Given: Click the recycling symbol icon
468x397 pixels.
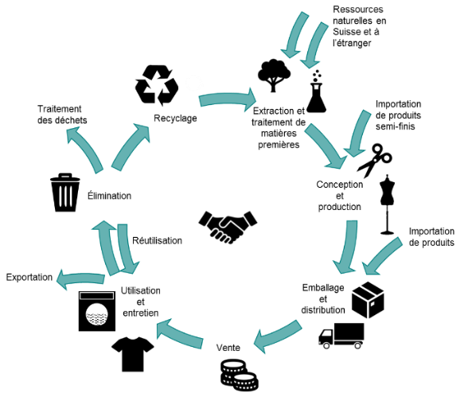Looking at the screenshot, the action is (156, 85).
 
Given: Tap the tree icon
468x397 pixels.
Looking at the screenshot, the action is (274, 76).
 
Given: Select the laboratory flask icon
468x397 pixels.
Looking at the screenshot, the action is (316, 92).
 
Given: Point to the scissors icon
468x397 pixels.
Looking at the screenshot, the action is (374, 161).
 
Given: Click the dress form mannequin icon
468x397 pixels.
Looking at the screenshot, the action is (388, 204).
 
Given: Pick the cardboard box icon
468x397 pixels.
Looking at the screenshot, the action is (368, 299).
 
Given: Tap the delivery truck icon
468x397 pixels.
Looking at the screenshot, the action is (341, 336).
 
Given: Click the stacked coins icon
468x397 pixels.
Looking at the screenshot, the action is (240, 376).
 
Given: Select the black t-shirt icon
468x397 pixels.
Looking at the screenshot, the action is (133, 354).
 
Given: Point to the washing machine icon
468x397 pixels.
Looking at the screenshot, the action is (97, 311).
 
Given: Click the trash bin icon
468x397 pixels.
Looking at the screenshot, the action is (65, 193).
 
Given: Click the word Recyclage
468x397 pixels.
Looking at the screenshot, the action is (175, 119).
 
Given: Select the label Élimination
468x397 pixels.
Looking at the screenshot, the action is (109, 196).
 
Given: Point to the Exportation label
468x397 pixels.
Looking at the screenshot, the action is (29, 277).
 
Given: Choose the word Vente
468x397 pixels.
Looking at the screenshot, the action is (228, 348).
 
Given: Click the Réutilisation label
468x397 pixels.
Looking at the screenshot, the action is (157, 240).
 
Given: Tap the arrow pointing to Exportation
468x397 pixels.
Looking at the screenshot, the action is (80, 279).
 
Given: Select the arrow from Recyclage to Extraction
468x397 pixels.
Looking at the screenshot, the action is (227, 99).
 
